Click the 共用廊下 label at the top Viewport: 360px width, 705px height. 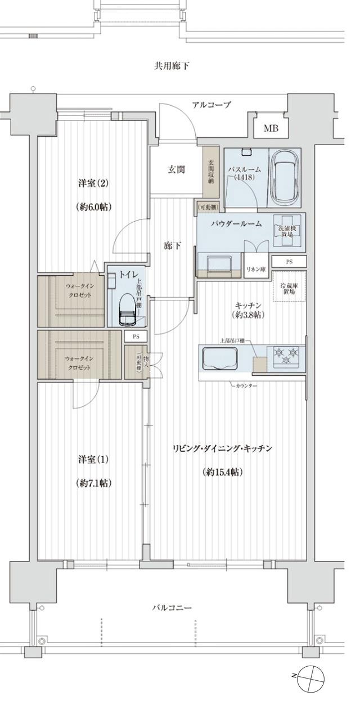pos(172,66)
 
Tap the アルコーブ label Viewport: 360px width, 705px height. pos(211,105)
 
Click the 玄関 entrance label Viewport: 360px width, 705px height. pos(177,170)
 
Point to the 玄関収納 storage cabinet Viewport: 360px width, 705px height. pos(210,172)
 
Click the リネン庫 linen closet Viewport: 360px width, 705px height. pos(255,270)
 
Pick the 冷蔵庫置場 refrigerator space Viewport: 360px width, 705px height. pos(290,286)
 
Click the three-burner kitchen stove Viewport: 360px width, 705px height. pos(286,356)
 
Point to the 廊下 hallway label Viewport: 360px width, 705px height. pos(172,246)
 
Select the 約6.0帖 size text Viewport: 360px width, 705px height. pos(93,207)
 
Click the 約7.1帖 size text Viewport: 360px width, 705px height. pos(93,483)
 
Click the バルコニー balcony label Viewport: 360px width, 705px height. pos(172,608)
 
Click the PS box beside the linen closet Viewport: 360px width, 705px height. pos(289,262)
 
